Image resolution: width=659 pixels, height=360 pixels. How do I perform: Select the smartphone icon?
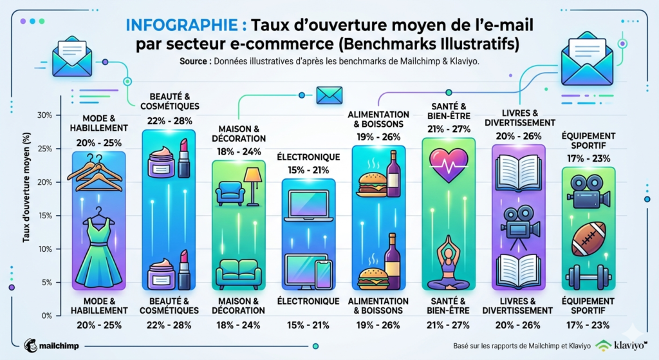[322, 274]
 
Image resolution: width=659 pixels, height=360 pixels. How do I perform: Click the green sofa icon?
[238, 273]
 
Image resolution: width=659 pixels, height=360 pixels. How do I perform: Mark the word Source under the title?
[196, 62]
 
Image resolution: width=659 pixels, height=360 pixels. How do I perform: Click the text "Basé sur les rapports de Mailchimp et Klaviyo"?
[521, 345]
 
